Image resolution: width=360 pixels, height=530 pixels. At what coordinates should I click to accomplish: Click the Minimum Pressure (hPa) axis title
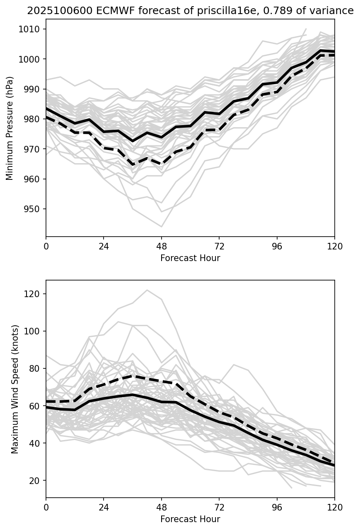click(10, 128)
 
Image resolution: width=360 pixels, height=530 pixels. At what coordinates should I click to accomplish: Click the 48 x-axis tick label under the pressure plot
click(162, 246)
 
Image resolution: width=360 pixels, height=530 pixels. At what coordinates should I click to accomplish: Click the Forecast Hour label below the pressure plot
click(190, 258)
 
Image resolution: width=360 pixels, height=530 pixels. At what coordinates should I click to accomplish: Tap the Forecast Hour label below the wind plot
click(190, 519)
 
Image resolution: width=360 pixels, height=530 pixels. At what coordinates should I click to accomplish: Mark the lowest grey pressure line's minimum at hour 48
click(162, 227)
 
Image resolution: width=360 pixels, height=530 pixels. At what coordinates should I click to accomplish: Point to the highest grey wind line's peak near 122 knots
click(147, 290)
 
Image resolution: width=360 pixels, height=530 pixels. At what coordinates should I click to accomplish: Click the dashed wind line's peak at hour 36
click(133, 376)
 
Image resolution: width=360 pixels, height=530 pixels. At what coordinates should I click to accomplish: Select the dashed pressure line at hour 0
click(47, 117)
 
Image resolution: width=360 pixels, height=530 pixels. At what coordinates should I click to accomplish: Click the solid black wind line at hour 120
click(334, 465)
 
